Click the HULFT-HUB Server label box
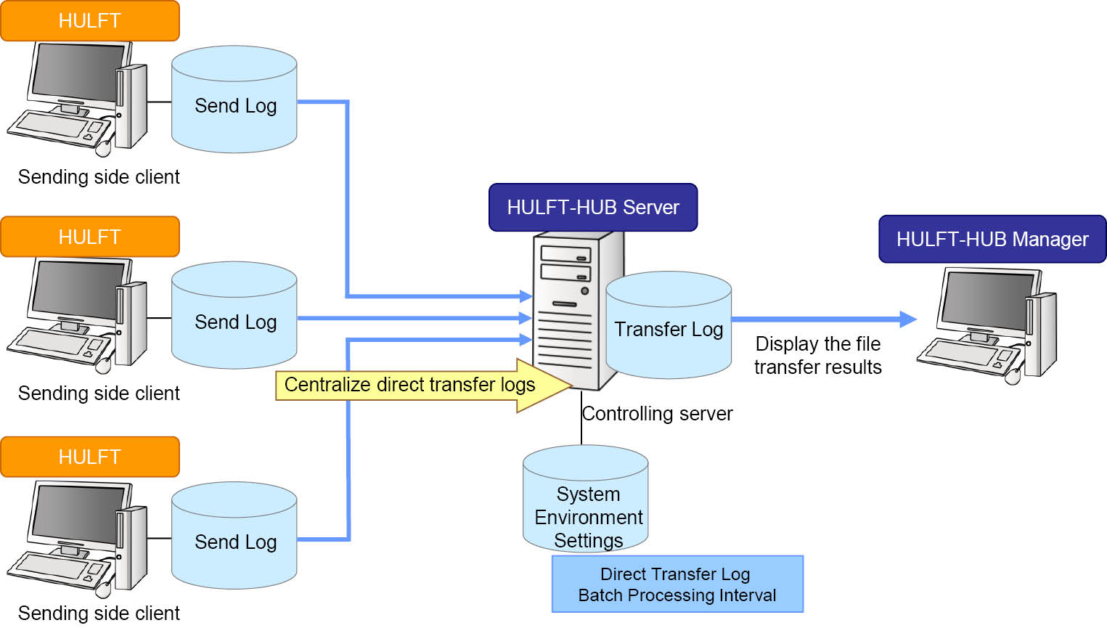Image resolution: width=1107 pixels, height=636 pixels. click(592, 208)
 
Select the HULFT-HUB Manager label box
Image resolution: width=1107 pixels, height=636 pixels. click(992, 239)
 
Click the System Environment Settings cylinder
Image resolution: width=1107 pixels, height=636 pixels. click(586, 501)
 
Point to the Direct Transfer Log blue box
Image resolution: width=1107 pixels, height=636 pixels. click(677, 584)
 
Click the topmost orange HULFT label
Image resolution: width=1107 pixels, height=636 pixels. click(90, 21)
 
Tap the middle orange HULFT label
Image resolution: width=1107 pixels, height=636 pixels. click(90, 237)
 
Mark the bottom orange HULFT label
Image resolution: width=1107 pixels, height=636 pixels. click(90, 457)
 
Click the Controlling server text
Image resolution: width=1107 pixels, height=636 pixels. click(658, 414)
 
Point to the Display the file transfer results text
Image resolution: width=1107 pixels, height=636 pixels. click(817, 355)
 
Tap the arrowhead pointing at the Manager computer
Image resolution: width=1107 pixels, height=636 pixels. click(907, 319)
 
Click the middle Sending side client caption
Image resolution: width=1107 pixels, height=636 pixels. click(99, 394)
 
